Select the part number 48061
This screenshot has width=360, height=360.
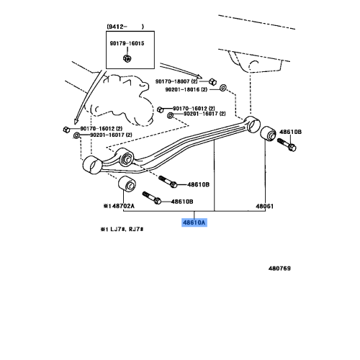(265, 205)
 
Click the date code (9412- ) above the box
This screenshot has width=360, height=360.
(125, 27)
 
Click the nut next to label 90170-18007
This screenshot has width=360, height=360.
(214, 81)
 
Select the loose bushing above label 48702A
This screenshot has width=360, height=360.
(127, 185)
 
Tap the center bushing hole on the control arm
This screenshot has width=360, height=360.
(125, 159)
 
